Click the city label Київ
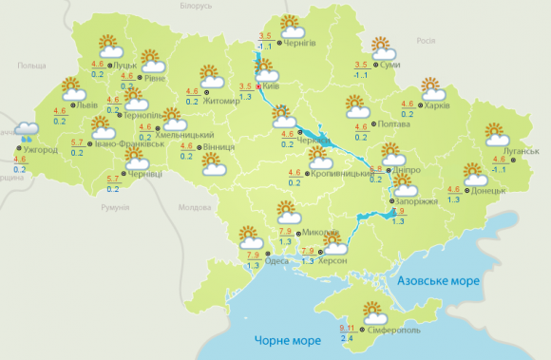point(270,85)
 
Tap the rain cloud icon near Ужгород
point(26,132)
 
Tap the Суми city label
point(388,65)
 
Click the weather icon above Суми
point(382,47)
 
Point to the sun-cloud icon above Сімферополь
point(374,313)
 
